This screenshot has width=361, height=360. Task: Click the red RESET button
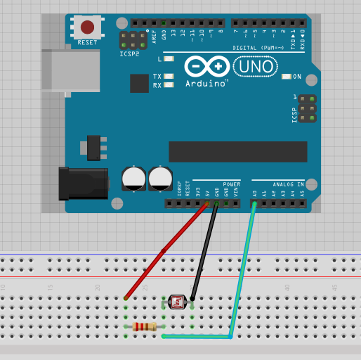click(x=87, y=27)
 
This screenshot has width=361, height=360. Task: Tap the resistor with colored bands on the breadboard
click(x=144, y=326)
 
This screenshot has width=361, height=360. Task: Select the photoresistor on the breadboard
click(x=177, y=302)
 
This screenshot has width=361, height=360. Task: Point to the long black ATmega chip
click(x=237, y=151)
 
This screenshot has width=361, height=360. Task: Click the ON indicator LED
click(x=286, y=76)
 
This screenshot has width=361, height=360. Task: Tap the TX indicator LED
click(x=168, y=76)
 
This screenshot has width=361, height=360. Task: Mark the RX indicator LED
click(x=168, y=85)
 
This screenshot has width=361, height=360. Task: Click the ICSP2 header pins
click(x=133, y=39)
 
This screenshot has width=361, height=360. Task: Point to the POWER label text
click(x=231, y=184)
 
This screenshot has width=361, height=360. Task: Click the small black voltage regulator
click(x=93, y=147)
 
